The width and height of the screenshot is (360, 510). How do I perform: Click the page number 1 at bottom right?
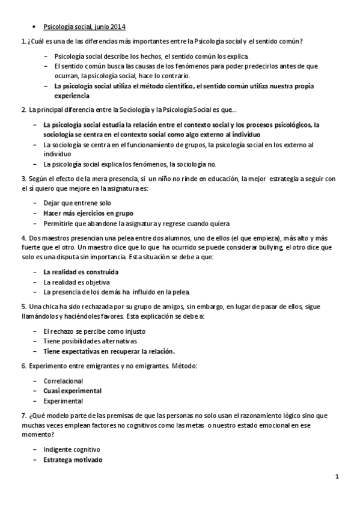(337, 478)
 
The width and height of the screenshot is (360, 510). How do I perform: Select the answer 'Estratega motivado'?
(73, 460)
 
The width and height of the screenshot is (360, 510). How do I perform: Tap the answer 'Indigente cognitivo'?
(72, 449)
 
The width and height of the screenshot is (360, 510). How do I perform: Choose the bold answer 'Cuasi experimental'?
(72, 390)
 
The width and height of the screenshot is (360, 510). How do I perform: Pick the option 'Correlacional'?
(63, 381)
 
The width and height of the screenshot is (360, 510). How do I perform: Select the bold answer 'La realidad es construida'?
(81, 272)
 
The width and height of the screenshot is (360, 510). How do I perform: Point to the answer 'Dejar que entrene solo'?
(77, 203)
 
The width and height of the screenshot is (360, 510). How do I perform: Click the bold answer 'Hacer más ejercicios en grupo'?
(88, 213)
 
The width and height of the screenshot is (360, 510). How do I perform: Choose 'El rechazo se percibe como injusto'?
(94, 331)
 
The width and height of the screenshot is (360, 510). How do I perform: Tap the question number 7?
(22, 416)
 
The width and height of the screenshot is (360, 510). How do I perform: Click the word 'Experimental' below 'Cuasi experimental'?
(63, 400)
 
